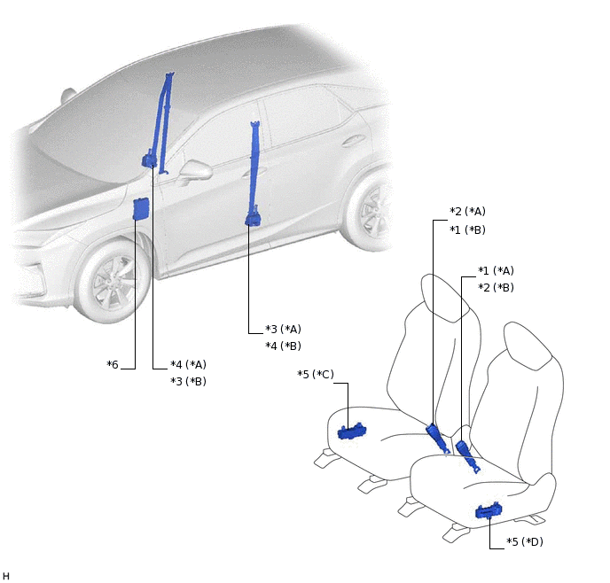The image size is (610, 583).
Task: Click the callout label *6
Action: click(x=113, y=364)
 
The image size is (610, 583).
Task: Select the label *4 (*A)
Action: click(x=188, y=364)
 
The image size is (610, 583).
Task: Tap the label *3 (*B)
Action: click(x=188, y=381)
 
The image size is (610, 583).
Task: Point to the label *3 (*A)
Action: click(x=283, y=330)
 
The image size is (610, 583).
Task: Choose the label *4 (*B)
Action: click(x=283, y=346)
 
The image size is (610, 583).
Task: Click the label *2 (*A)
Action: click(x=467, y=212)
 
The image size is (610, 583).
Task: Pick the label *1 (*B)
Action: click(x=467, y=229)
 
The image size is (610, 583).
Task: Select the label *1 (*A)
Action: click(x=496, y=270)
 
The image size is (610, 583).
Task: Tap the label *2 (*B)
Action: click(x=496, y=288)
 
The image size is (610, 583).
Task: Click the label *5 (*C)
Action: click(x=316, y=374)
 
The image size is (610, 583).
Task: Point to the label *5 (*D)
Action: click(x=525, y=542)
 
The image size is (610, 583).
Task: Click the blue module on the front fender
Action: click(x=140, y=209)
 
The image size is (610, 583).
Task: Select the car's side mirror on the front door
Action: click(x=196, y=170)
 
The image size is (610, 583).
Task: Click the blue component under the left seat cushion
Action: click(x=352, y=431)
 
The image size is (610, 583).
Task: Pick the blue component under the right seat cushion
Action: click(x=489, y=510)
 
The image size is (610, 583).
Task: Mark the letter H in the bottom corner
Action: click(x=6, y=576)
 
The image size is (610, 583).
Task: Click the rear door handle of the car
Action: click(x=353, y=141)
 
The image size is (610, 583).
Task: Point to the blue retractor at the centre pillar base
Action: click(x=254, y=219)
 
